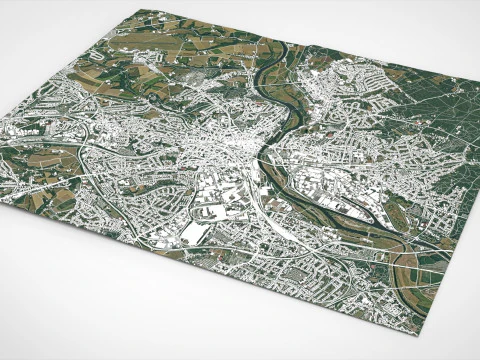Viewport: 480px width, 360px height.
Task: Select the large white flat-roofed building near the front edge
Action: (196, 232)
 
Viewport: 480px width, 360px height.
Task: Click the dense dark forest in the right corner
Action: (450, 130)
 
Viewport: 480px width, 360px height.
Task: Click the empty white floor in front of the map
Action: (150, 320)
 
